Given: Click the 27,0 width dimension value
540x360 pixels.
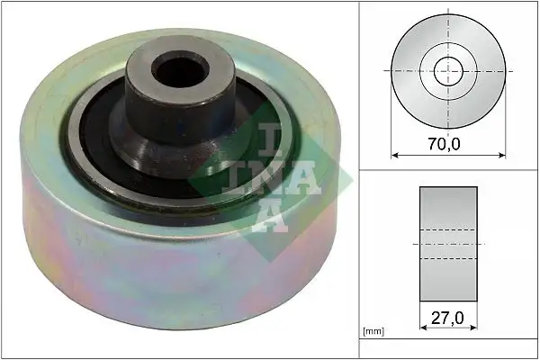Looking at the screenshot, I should coord(447,317).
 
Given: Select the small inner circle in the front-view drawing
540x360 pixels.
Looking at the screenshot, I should coord(447,70).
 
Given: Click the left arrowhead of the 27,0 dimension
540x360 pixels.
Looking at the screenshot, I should coord(423,328).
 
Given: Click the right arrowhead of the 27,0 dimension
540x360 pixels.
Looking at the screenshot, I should coord(473,328).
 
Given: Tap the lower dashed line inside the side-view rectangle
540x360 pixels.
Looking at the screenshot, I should coord(448,259).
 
